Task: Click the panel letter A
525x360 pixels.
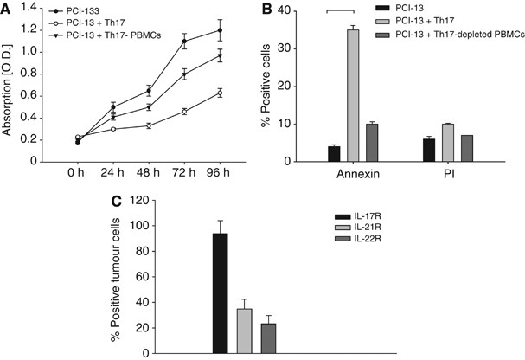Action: coord(8,10)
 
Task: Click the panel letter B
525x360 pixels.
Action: coord(275,10)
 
